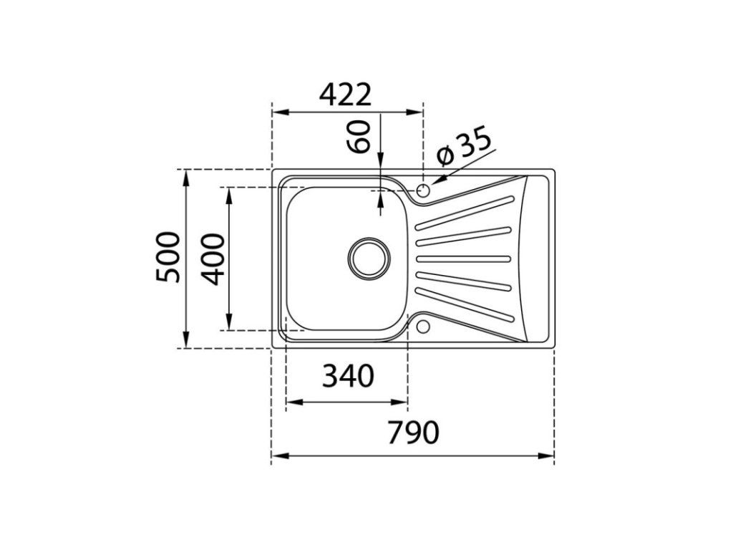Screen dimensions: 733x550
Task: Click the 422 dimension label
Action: pos(345,95)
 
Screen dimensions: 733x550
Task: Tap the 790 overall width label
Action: pos(413,433)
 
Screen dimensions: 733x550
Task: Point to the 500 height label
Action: pos(168,257)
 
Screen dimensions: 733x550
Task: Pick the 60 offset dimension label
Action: pos(359,137)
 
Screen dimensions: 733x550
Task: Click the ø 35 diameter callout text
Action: pos(464,146)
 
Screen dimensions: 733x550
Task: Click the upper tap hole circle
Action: pos(423,190)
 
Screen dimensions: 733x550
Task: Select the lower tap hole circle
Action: pos(423,326)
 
